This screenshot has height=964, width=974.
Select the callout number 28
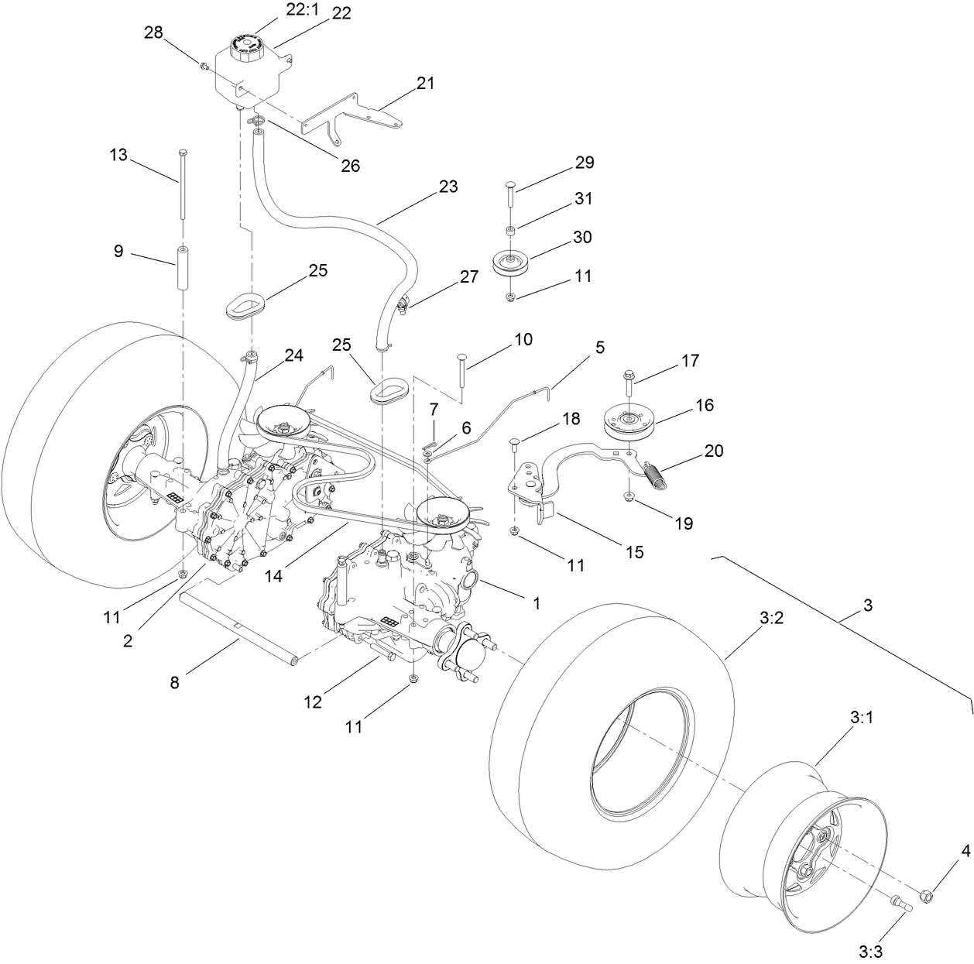(x=153, y=33)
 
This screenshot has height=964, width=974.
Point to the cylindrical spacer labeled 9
(x=185, y=268)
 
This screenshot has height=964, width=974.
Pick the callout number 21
(x=425, y=84)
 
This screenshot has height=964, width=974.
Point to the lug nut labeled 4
(x=925, y=895)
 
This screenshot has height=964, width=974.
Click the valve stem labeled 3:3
(x=900, y=903)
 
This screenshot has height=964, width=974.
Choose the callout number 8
(x=174, y=682)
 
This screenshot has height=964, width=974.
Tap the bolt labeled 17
(x=628, y=382)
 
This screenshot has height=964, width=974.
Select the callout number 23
(x=448, y=187)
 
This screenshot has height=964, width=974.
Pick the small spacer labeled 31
(x=511, y=231)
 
